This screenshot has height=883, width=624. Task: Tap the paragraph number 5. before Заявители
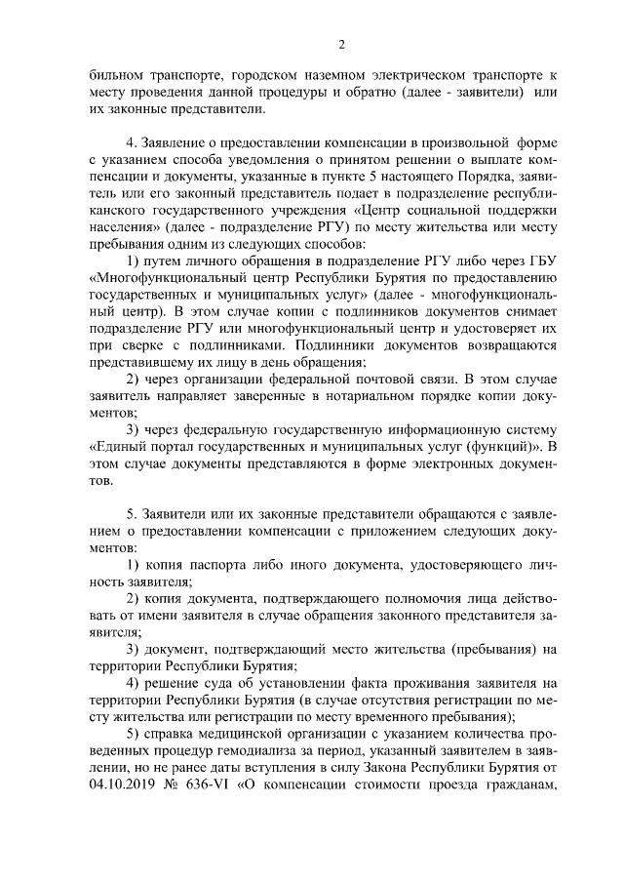134,511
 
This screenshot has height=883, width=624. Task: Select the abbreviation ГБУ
538,263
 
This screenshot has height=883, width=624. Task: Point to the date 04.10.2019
125,783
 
